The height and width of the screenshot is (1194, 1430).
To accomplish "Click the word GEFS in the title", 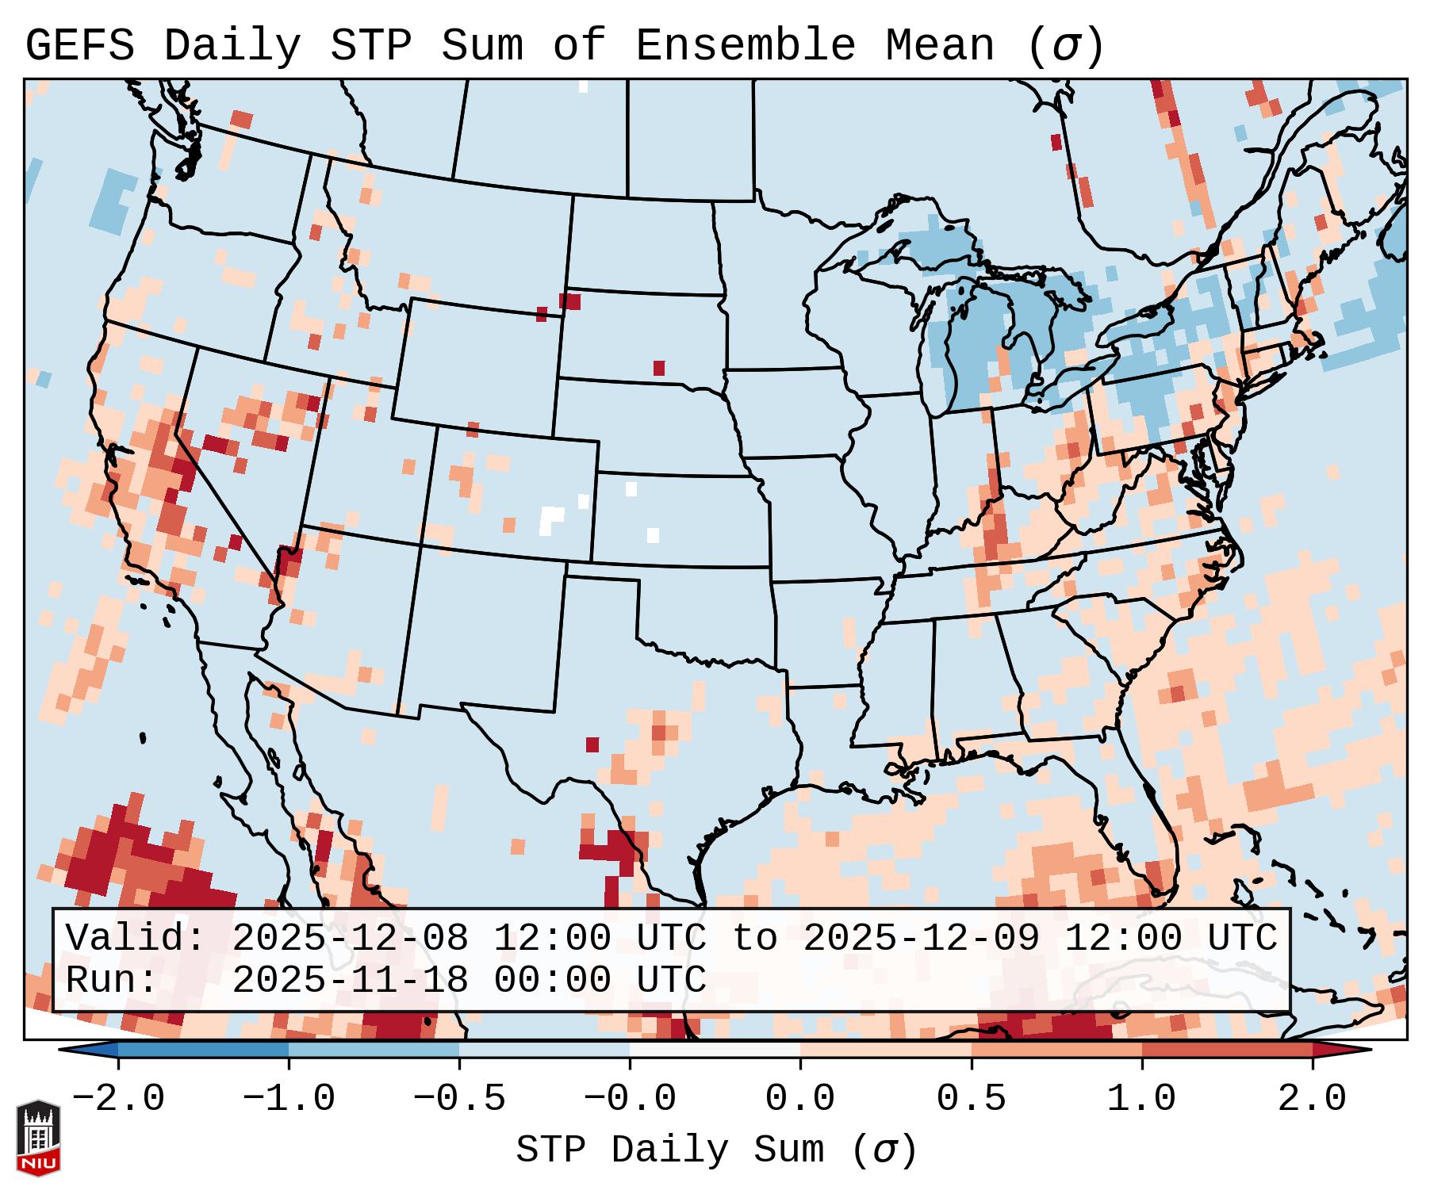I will click(79, 46).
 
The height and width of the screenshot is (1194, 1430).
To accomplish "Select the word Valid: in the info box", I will click(136, 939).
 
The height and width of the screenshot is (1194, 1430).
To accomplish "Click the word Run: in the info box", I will click(112, 981).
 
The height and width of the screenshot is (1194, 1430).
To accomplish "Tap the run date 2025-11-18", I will click(350, 981).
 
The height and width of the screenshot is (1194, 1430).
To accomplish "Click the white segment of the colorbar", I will click(715, 1050).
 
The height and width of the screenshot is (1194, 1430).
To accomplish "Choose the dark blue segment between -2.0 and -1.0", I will click(203, 1050).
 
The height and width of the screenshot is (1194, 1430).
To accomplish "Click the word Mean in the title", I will click(939, 46).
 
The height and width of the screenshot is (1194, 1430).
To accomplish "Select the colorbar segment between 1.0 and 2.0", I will click(1227, 1050).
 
